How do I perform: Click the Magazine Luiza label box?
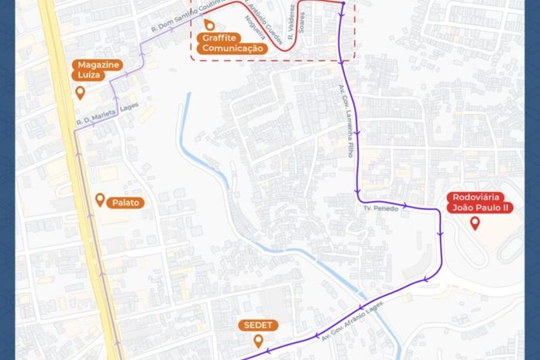click(98, 70)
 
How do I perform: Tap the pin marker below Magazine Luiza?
click(80, 93)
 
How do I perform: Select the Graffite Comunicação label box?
click(232, 43)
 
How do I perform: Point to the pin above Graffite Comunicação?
click(208, 25)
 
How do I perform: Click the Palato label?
click(126, 202)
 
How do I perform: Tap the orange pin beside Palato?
click(100, 201)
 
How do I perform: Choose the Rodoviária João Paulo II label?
click(480, 203)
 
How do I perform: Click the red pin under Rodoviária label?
click(475, 223)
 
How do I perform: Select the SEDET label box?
click(258, 324)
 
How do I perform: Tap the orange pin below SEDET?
click(258, 341)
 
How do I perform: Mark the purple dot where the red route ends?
click(342, 3)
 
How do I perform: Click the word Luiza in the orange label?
click(90, 75)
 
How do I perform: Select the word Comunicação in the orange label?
click(232, 48)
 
